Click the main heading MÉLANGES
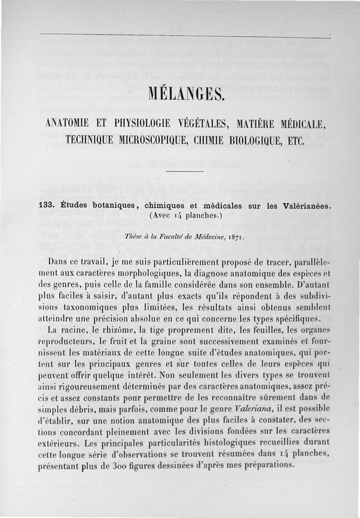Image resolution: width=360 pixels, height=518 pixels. pyautogui.click(x=185, y=95)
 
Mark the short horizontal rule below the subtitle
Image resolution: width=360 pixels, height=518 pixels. pyautogui.click(x=185, y=171)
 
